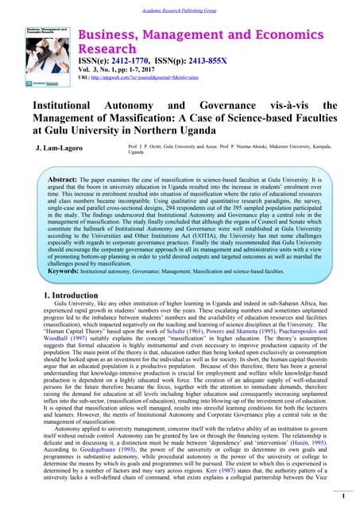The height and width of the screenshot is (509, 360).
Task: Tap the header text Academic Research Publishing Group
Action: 180,6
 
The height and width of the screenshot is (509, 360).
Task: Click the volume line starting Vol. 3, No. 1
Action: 122,69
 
